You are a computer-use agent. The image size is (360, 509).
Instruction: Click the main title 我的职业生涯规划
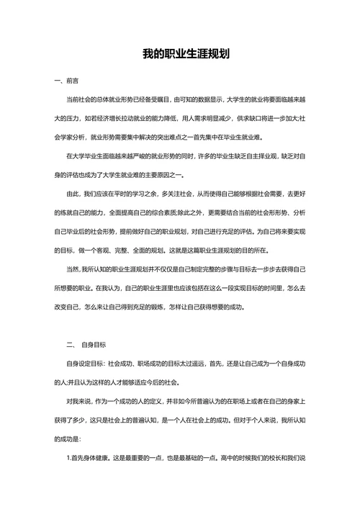[x=180, y=54]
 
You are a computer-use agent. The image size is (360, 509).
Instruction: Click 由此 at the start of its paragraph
[x=71, y=194]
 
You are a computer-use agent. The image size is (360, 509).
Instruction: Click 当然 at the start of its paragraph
[x=71, y=269]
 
